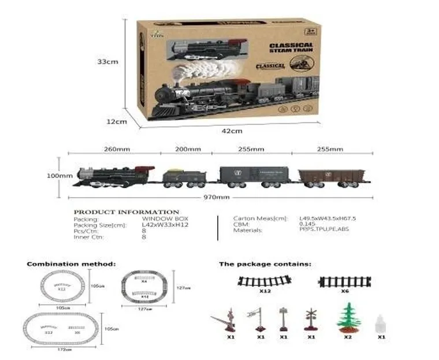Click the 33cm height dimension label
107,62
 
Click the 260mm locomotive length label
117,149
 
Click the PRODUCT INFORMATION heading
127,212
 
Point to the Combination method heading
71,263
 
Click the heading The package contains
265,263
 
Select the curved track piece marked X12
265,282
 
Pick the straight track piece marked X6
344,281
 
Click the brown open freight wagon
331,178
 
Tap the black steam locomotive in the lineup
114,175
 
